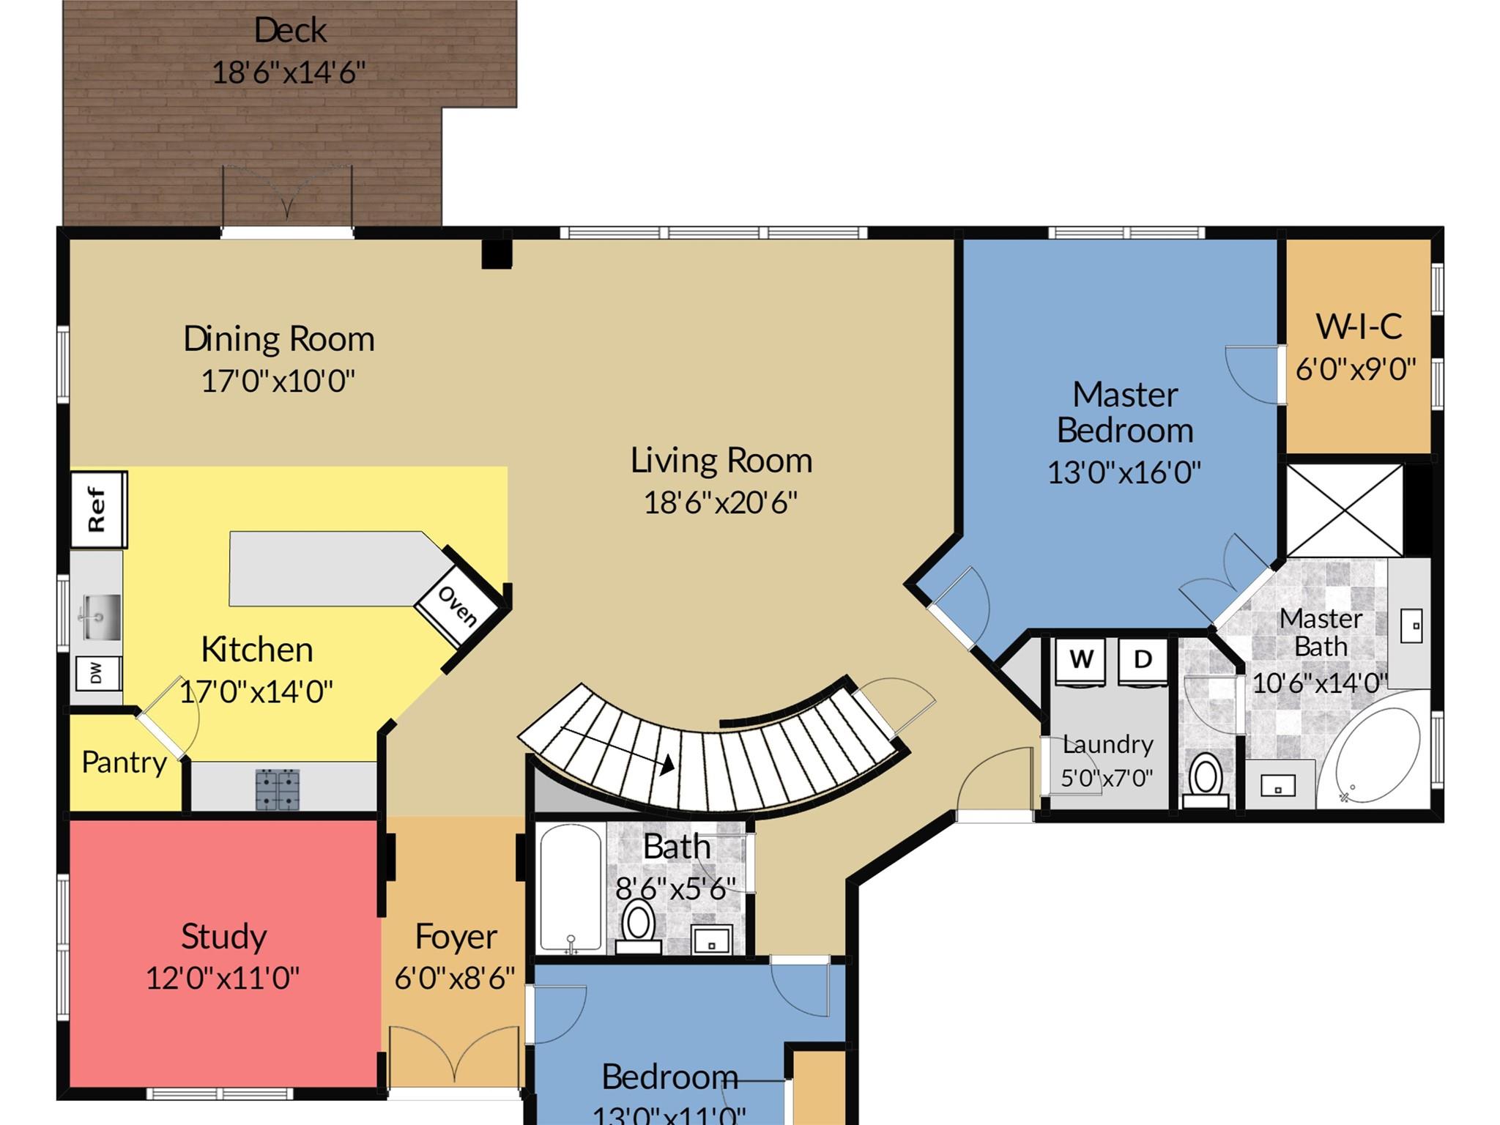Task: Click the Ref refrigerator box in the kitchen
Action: pos(99,509)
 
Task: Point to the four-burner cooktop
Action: pos(278,789)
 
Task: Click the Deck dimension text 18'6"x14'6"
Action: pos(289,73)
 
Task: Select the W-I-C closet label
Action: pos(1359,327)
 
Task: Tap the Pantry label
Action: pos(124,762)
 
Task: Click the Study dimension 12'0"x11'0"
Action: pos(223,978)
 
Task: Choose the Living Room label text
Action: pos(721,461)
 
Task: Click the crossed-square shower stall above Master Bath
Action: pos(1344,510)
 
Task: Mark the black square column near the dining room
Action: pos(496,254)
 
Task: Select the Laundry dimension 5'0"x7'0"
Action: pos(1107,777)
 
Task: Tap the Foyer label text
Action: pos(456,937)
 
